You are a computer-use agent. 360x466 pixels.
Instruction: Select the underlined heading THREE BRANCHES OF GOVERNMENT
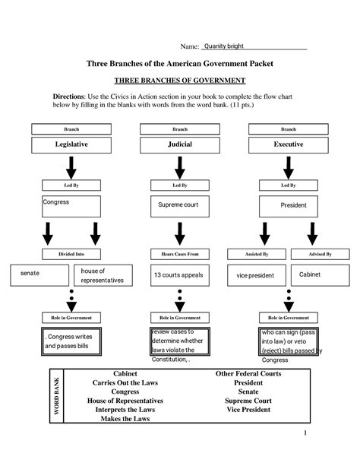179,80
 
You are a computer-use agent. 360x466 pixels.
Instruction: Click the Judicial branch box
179,144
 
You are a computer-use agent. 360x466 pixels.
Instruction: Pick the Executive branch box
289,144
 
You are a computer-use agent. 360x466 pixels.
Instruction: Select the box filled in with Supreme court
179,205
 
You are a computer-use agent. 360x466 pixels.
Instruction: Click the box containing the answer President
289,205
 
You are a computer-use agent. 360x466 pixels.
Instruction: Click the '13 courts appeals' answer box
179,275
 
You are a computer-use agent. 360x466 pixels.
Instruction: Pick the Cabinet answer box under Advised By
320,274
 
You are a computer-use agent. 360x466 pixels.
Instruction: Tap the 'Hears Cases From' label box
179,253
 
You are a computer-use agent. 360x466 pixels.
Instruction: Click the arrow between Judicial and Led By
179,166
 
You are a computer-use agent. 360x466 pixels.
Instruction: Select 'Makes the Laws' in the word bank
125,419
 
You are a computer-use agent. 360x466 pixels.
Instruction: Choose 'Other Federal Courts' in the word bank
248,374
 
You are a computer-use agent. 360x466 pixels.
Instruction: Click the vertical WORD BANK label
55,396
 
